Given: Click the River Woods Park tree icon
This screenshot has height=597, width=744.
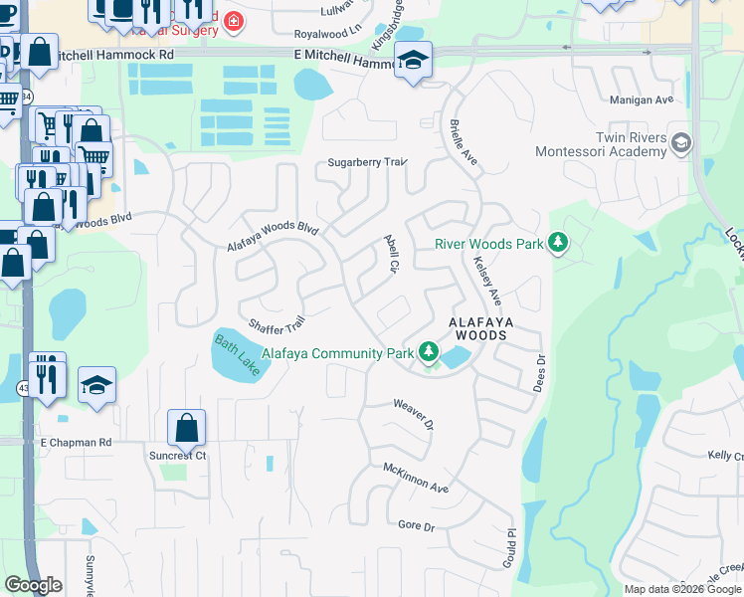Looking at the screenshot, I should (558, 243).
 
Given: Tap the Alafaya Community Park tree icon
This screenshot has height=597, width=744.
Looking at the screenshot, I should (429, 351).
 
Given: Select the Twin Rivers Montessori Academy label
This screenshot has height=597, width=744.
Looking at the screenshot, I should (601, 144).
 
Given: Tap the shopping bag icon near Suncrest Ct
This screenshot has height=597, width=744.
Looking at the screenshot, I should (186, 428).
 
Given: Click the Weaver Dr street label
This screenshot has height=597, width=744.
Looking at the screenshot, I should (414, 413).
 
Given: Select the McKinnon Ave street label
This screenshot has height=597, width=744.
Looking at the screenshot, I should (417, 476).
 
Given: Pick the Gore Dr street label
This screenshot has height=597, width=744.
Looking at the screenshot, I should (417, 525).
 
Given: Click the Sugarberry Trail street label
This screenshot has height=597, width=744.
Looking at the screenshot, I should (368, 162).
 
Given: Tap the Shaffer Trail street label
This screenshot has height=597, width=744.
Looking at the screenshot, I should (276, 325).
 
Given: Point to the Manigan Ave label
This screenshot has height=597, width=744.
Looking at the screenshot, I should (643, 99).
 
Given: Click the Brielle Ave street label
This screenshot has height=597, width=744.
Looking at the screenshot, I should (464, 143).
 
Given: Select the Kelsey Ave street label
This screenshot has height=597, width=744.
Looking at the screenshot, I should (488, 282).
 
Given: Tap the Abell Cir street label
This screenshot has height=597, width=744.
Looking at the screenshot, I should (391, 255).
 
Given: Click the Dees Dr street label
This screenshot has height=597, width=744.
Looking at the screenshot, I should (540, 372).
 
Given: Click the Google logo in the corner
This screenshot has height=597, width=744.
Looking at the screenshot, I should (33, 585).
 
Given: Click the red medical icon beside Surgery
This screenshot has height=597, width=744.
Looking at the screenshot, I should (233, 21).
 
